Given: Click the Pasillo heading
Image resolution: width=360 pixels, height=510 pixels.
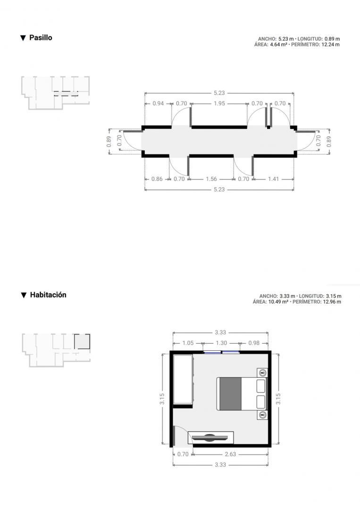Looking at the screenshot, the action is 41,38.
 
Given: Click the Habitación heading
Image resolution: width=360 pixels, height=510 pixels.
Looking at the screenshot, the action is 48,295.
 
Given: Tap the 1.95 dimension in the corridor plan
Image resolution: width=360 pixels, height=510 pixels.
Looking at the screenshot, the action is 219,103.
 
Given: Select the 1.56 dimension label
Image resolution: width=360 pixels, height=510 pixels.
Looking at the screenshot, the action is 211,179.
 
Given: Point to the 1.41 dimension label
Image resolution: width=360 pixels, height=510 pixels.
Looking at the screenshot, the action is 274,179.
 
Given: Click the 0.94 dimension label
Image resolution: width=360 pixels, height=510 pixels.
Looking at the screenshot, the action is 158,103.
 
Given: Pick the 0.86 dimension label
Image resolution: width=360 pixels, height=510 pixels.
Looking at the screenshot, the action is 157,179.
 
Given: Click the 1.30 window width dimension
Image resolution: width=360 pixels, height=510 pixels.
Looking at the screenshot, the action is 221,343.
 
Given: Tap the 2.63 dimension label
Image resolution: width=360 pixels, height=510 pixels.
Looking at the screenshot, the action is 230,454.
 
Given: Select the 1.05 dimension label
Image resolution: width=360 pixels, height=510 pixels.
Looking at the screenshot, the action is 188,343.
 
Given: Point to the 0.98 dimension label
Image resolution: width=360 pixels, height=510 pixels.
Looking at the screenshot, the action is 254,343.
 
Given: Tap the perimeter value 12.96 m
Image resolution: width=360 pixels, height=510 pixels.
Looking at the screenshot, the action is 332,302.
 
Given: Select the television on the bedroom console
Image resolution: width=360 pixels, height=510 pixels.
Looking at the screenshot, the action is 210,437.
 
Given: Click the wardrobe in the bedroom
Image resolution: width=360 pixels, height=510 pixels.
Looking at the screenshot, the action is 183,380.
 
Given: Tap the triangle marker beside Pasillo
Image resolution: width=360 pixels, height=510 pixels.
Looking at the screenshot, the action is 23,38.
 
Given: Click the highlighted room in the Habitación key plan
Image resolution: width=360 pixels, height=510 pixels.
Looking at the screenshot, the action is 82,341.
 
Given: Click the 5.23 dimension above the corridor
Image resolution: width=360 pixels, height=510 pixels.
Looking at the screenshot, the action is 219,93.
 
